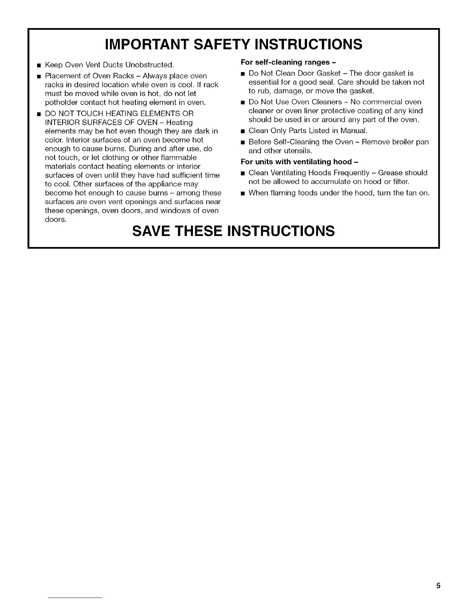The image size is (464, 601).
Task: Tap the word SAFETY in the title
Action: click(x=225, y=44)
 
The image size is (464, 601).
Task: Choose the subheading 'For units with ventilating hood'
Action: click(x=299, y=162)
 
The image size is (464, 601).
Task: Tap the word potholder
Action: click(x=61, y=102)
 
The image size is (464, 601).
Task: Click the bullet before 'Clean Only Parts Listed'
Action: click(x=243, y=131)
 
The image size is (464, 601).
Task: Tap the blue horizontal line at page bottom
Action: click(x=75, y=598)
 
